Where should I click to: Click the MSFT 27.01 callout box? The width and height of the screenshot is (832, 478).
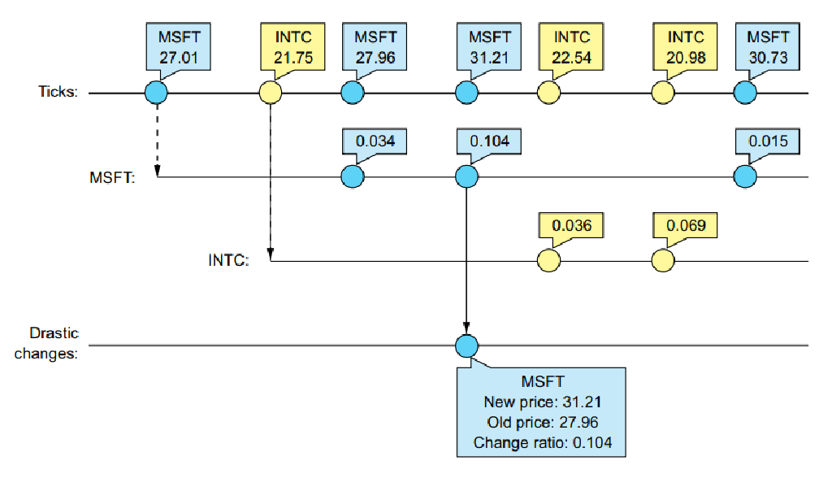point(179,48)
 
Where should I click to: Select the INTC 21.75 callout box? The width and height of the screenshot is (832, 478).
point(292,48)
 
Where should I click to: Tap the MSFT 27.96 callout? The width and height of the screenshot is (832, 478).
point(375,48)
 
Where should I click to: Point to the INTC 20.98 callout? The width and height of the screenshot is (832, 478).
point(685,48)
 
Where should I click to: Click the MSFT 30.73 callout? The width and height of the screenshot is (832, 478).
point(767,48)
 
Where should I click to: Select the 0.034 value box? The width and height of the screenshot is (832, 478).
point(375,141)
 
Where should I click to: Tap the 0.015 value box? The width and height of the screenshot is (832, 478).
point(767,141)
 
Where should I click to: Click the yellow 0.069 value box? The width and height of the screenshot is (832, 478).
point(685,225)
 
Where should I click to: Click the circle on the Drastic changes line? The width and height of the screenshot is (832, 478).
point(466,345)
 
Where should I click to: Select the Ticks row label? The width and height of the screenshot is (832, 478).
point(58,93)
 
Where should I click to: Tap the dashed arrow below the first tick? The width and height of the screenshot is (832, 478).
point(156,138)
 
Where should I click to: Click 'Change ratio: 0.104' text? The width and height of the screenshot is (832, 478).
point(542,442)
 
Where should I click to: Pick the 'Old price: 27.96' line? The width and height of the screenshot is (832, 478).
point(542,422)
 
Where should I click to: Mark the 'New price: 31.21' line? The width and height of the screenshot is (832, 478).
point(542,402)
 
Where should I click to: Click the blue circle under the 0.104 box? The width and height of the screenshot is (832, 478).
point(466,176)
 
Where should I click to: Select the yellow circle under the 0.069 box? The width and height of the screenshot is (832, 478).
point(662,261)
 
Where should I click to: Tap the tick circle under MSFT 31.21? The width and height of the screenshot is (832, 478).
point(466,93)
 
